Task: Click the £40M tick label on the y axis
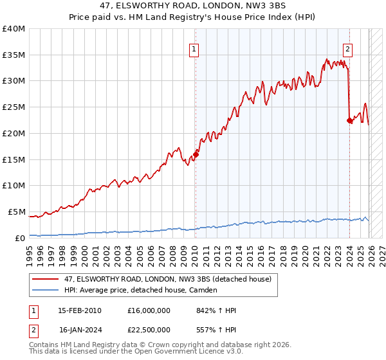pos(14,29)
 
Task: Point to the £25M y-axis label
pos(14,107)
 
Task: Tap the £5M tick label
pos(16,212)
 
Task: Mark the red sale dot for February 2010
pos(196,154)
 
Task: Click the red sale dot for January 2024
pos(349,120)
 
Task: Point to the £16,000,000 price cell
pos(154,310)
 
